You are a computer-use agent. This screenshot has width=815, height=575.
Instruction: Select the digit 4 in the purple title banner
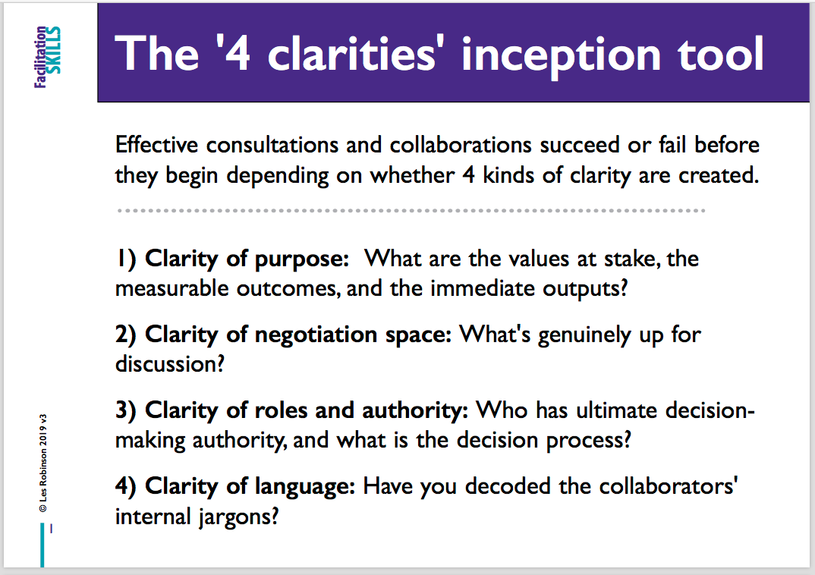click(x=238, y=53)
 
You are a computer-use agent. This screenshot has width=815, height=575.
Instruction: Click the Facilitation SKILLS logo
click(x=47, y=57)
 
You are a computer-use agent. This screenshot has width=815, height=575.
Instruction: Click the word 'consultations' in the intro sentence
click(x=272, y=144)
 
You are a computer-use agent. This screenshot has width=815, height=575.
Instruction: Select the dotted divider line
click(x=411, y=210)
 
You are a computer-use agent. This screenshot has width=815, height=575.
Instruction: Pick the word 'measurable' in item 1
click(x=171, y=288)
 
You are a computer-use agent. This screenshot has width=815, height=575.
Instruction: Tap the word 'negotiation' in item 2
click(x=316, y=335)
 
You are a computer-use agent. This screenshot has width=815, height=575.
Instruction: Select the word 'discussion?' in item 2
click(x=169, y=363)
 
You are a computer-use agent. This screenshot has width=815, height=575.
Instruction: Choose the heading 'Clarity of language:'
click(x=250, y=487)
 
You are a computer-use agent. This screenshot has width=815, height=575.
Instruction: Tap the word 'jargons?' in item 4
click(x=238, y=517)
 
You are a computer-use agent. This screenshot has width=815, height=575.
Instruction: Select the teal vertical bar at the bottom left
click(x=42, y=545)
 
